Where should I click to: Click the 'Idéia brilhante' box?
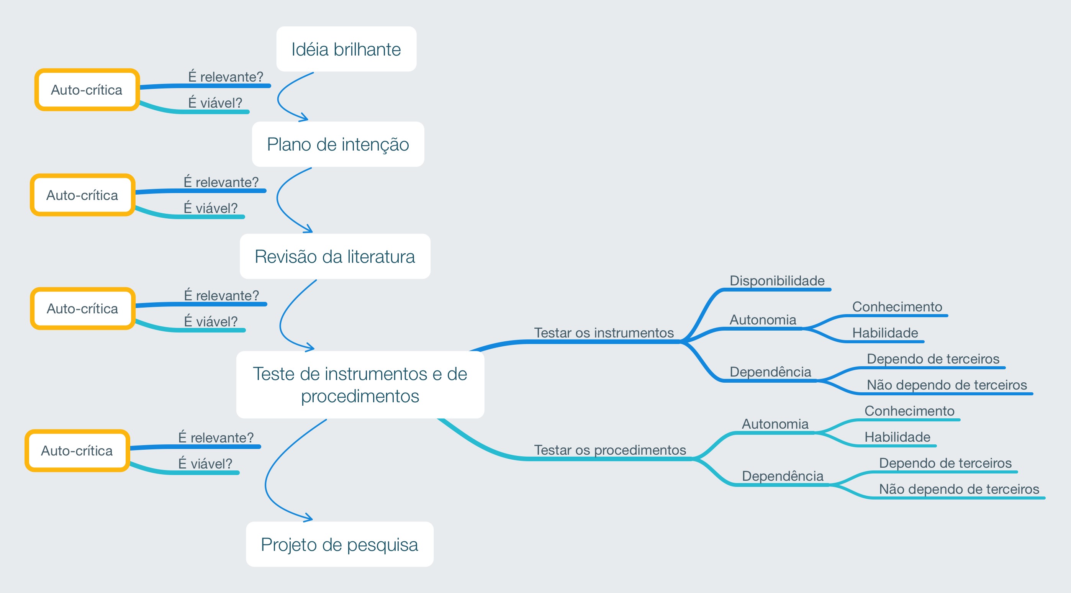pos(346,49)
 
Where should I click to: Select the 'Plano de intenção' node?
pos(337,144)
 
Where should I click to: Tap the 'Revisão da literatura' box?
pos(335,256)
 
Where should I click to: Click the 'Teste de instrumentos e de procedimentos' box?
pos(360,385)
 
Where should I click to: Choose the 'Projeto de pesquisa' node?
pos(339,544)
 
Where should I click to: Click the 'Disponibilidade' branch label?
pos(777,281)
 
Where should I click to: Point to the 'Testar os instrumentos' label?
pos(604,333)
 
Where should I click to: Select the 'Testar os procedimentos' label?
pos(610,450)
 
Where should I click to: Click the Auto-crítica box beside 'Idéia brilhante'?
pos(87,90)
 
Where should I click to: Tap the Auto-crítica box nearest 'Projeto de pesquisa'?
pos(77,451)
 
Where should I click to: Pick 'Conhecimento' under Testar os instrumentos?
pos(897,307)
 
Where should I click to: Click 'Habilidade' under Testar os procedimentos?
pos(897,437)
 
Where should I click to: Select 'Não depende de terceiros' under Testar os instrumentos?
pos(946,385)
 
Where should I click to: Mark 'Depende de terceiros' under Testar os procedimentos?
pos(945,463)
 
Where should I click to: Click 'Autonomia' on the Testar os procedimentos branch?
pos(775,424)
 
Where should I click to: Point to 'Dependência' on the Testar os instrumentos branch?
pos(770,372)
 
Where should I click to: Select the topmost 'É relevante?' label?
pos(226,77)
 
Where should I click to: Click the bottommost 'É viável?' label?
pos(205,464)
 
